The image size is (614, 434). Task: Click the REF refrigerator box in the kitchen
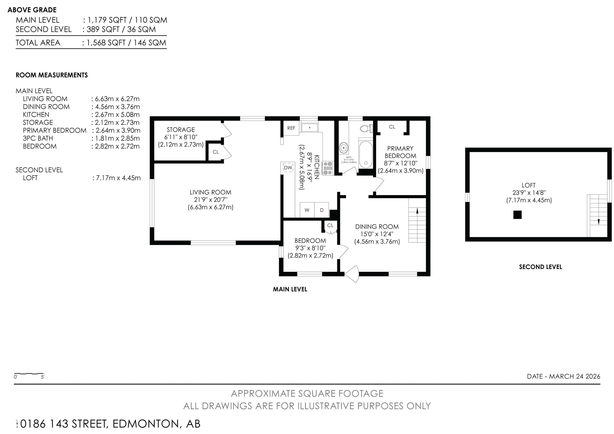(291, 128)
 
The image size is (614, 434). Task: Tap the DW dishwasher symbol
(288, 168)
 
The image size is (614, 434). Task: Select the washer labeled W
(307, 210)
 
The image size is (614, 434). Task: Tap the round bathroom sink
(343, 147)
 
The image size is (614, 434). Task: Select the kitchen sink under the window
(310, 128)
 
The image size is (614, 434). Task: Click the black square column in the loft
(517, 215)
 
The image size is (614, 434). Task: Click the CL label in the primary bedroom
(392, 127)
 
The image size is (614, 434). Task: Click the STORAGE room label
(181, 130)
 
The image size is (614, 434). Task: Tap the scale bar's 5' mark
(43, 377)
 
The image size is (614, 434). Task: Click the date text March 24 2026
(564, 376)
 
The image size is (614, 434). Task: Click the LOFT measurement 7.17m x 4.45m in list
(117, 178)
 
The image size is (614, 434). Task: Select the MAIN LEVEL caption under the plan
(290, 289)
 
